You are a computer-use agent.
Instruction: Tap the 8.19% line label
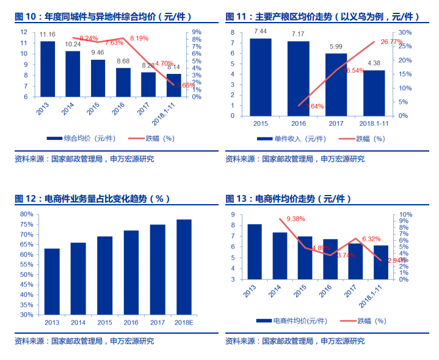point(139,38)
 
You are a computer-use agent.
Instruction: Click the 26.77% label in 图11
point(391,42)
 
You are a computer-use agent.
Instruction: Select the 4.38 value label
point(374,63)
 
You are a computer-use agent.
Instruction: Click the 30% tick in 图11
point(404,32)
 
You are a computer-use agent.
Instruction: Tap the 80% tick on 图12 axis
point(26,215)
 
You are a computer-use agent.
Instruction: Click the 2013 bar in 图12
point(52,281)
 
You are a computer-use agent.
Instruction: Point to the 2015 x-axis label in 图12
point(104,322)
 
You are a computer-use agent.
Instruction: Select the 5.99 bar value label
point(336,46)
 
